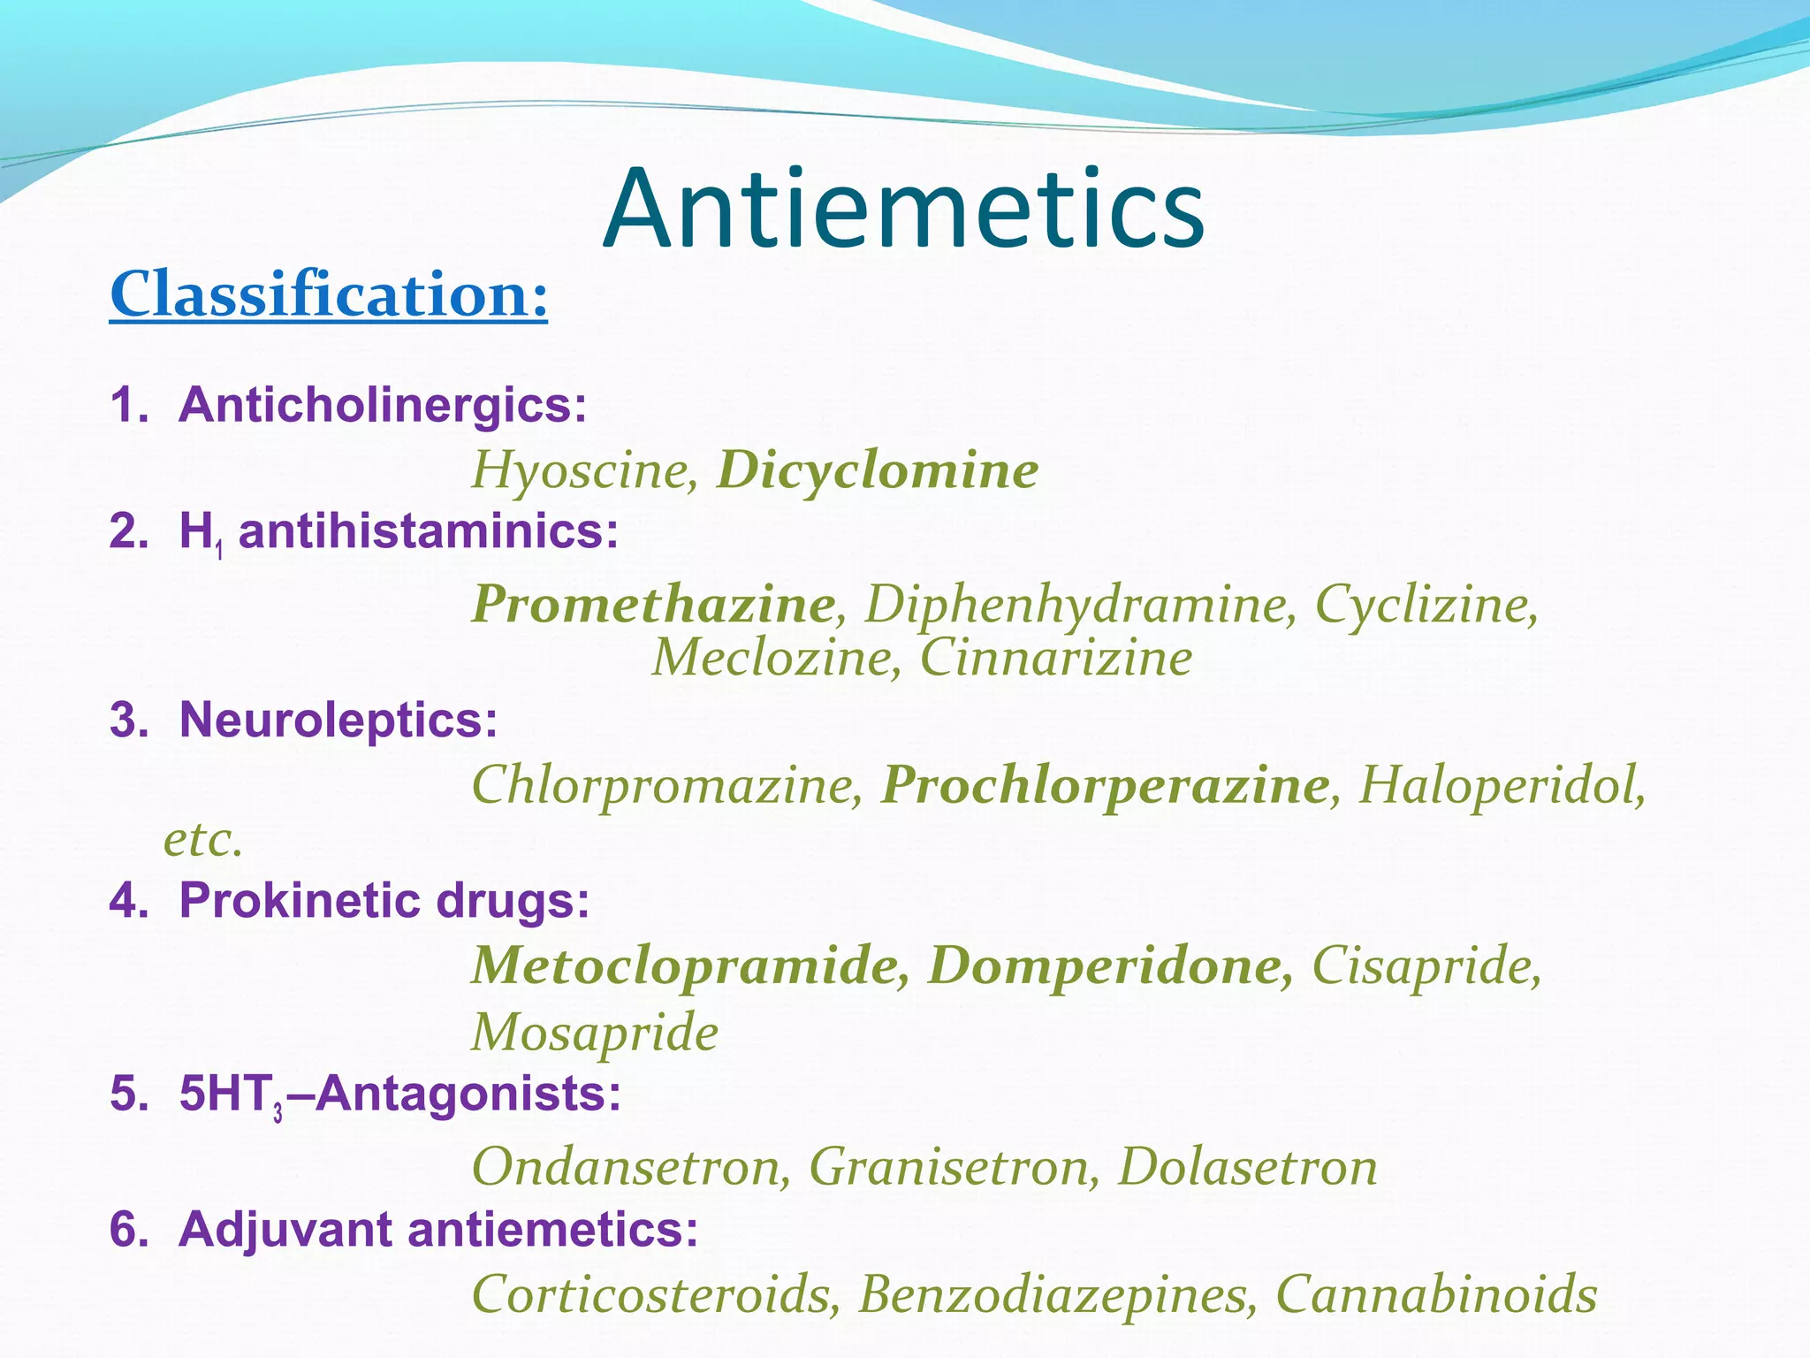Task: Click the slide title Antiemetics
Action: [903, 210]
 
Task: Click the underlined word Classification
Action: [328, 294]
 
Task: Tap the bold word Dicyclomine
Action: [877, 469]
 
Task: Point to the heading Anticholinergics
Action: [382, 405]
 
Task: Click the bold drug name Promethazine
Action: [653, 605]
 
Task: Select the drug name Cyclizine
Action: [1426, 605]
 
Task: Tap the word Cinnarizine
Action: [1056, 659]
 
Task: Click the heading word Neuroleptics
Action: [338, 719]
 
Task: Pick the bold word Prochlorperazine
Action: [1105, 785]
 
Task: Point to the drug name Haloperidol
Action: [1502, 785]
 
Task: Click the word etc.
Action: [202, 840]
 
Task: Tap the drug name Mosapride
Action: [595, 1032]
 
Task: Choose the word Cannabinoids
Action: [1436, 1294]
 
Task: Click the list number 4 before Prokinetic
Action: [125, 901]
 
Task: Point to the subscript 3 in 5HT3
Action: [278, 1113]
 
